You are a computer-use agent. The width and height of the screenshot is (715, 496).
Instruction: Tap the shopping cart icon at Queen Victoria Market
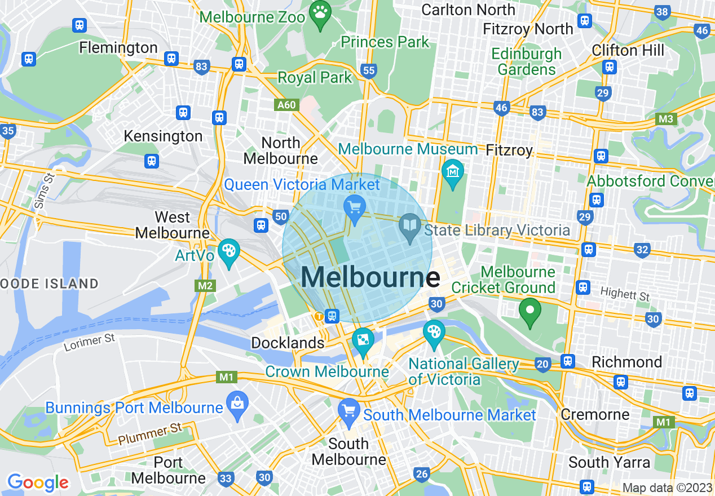tap(355, 209)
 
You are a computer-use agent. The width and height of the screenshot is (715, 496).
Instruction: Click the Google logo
tap(38, 482)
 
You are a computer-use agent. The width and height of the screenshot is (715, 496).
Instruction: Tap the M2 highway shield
tap(206, 286)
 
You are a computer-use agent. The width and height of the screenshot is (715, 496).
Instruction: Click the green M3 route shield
tap(667, 119)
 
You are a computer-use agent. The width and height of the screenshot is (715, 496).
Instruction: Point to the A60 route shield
tap(286, 105)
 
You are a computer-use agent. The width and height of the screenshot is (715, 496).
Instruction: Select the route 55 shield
tap(369, 71)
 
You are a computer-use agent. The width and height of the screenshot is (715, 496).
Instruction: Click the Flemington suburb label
tap(118, 47)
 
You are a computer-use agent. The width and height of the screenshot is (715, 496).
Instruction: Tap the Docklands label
tap(288, 343)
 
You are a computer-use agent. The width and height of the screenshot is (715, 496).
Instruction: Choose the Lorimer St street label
tap(90, 341)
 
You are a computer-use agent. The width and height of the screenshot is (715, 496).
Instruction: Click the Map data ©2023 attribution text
tap(667, 488)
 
